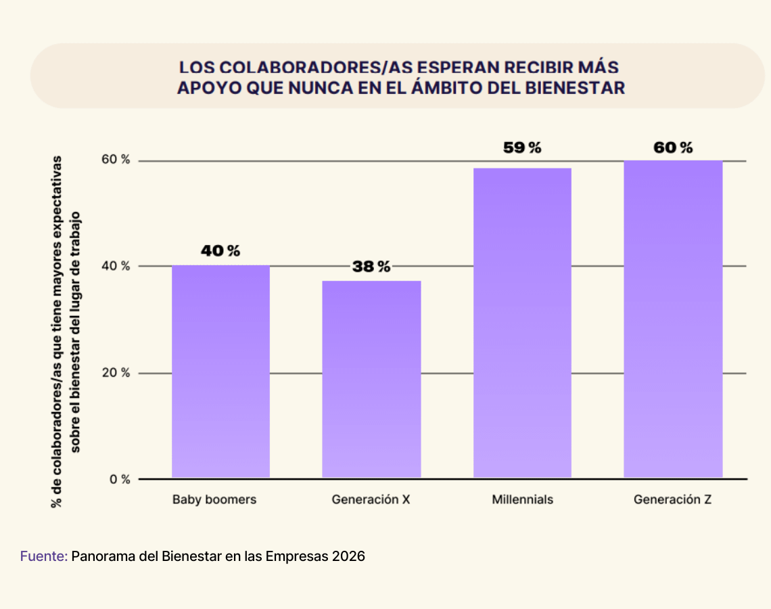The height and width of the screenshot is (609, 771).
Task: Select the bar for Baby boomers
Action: [x=220, y=371]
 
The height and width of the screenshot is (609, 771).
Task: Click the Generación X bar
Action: [x=371, y=380]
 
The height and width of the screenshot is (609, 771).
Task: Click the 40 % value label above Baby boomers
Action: [x=220, y=251]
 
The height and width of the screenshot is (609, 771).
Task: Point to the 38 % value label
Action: [x=371, y=267]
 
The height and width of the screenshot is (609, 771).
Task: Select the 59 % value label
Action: [x=522, y=148]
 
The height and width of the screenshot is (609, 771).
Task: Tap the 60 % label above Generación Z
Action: [x=673, y=148]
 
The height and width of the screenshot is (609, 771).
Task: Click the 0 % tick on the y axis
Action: [x=120, y=479]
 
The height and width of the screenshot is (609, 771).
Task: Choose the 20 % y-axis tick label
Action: [x=116, y=373]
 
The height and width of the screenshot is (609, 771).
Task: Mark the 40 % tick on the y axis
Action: [x=116, y=266]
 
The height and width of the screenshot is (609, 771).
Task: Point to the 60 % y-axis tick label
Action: [x=116, y=160]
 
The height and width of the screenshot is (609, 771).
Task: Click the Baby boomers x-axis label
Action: [x=214, y=500]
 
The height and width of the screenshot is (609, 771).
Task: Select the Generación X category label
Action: [x=371, y=500]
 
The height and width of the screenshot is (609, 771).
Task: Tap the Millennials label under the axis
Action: [x=523, y=500]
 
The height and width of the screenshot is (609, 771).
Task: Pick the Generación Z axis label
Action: [x=673, y=500]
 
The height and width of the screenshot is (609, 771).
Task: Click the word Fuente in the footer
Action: [x=43, y=557]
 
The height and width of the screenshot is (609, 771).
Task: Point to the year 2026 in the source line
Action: [x=349, y=557]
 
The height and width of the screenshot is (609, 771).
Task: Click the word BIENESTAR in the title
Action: [x=578, y=88]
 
